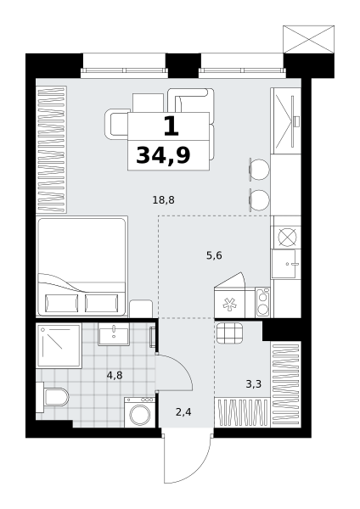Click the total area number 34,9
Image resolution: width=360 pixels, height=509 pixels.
pyautogui.click(x=163, y=155)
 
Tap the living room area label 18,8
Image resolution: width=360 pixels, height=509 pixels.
pyautogui.click(x=163, y=200)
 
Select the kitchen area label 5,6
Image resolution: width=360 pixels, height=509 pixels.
pyautogui.click(x=214, y=256)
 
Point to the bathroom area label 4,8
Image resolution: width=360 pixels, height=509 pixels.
pyautogui.click(x=115, y=376)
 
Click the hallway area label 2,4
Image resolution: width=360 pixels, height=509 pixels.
pyautogui.click(x=183, y=412)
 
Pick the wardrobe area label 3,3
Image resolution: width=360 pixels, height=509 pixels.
pyautogui.click(x=254, y=384)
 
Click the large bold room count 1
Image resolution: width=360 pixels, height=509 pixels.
pyautogui.click(x=172, y=126)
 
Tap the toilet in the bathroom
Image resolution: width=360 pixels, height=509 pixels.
pyautogui.click(x=53, y=397)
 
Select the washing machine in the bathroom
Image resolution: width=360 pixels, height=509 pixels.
pyautogui.click(x=140, y=412)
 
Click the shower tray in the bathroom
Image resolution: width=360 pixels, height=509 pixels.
pyautogui.click(x=59, y=345)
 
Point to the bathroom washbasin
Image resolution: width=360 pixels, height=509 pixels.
pyautogui.click(x=114, y=334)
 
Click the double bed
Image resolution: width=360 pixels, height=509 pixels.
pyautogui.click(x=82, y=266)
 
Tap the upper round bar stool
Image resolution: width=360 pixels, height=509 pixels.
pyautogui.click(x=259, y=169)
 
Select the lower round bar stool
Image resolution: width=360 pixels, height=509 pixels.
pyautogui.click(x=259, y=199)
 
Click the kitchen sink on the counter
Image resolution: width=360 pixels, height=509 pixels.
pyautogui.click(x=285, y=264)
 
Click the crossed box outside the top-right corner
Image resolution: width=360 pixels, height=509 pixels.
pyautogui.click(x=309, y=39)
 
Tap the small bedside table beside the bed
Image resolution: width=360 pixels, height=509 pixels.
pyautogui.click(x=141, y=309)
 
